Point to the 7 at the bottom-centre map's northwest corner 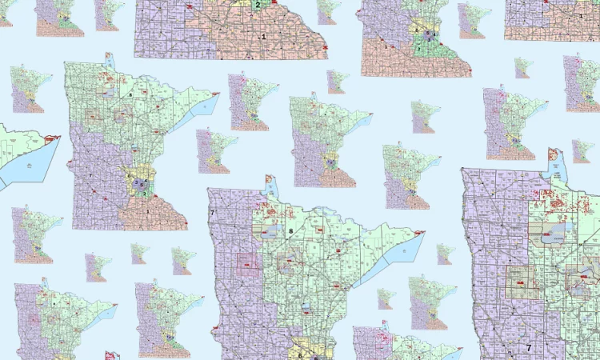click(x=213, y=214)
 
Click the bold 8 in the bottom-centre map click(x=290, y=231)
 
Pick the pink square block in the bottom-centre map click(x=248, y=264)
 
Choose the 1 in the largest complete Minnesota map click(x=148, y=210)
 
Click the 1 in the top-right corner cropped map click(x=579, y=15)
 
